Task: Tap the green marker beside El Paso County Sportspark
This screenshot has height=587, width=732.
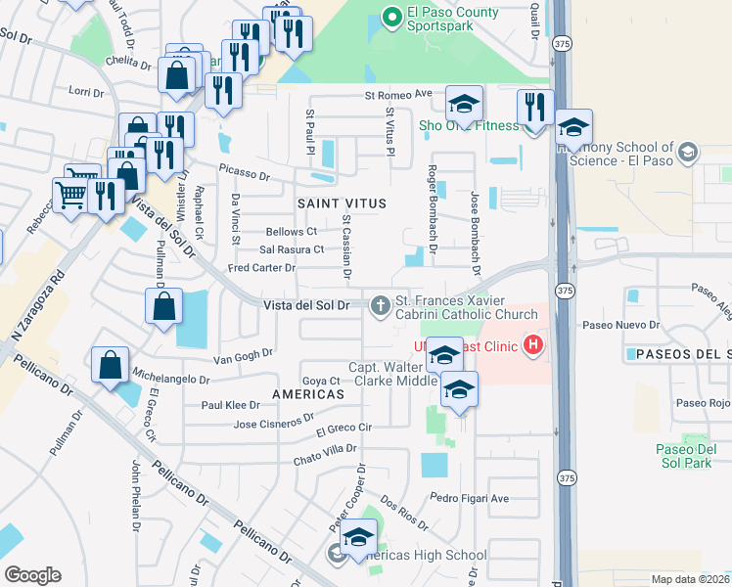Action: (x=391, y=16)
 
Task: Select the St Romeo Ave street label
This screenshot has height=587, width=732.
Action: (x=398, y=95)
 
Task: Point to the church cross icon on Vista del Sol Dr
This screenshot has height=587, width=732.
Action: (x=380, y=307)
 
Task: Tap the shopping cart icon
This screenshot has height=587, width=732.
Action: (x=70, y=196)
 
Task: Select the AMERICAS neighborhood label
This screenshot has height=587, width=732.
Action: (x=309, y=393)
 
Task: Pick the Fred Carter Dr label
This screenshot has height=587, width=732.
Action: (x=260, y=267)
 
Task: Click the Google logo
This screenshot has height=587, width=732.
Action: (x=32, y=575)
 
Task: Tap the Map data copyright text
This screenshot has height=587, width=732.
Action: (x=691, y=579)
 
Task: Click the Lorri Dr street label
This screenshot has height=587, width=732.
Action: (x=86, y=93)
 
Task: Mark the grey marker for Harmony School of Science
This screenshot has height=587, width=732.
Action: (x=689, y=152)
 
